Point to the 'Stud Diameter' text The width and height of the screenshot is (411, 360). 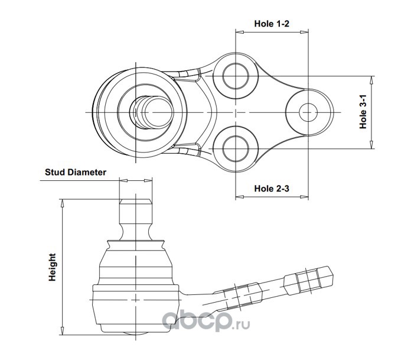tap(76, 173)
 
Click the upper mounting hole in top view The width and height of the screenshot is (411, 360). tap(235, 77)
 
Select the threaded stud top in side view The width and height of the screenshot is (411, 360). tap(135, 210)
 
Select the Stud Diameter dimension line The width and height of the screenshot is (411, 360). tap(135, 180)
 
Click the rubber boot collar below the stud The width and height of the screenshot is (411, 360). tap(135, 242)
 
